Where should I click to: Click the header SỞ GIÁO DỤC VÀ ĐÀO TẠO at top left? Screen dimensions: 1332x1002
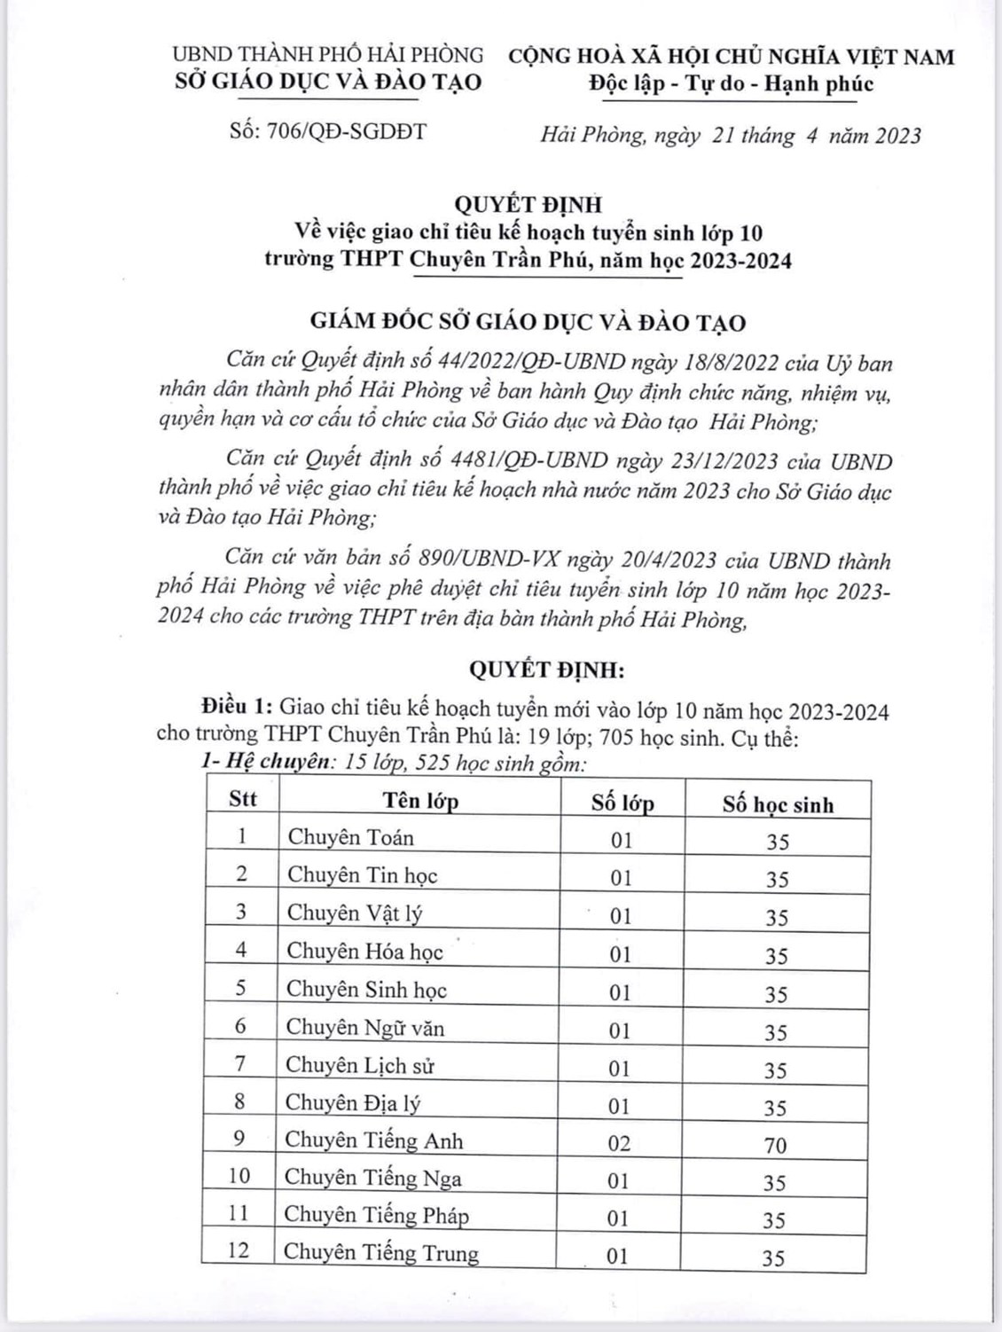(x=329, y=82)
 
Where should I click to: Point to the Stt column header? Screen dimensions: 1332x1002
(x=242, y=799)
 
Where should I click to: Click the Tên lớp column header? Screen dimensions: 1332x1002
(x=420, y=801)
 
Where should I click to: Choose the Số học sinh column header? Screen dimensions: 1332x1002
(x=777, y=804)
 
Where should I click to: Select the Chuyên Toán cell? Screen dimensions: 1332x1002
(x=351, y=837)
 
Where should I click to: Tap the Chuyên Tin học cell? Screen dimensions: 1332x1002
(x=362, y=875)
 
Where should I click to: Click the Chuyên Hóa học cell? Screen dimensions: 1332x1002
(x=364, y=952)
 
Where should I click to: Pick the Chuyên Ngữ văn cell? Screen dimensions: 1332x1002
(x=364, y=1028)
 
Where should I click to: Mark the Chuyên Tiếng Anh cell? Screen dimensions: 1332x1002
(x=373, y=1140)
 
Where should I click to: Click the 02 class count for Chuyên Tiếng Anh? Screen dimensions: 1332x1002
(x=619, y=1143)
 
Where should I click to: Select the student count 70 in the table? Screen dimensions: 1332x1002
(x=775, y=1146)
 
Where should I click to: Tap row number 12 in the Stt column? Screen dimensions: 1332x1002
(x=239, y=1250)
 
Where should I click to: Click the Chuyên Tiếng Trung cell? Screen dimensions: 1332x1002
(x=381, y=1253)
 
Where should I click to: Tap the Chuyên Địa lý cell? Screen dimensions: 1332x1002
(x=353, y=1102)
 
